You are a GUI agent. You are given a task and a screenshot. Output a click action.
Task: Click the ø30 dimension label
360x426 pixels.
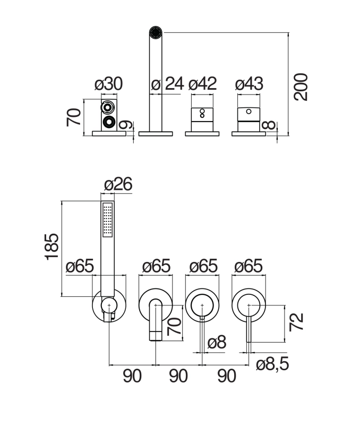coord(109,84)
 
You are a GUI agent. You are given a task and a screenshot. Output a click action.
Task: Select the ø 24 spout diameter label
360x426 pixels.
coord(167,84)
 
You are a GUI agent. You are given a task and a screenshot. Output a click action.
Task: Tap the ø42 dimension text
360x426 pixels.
coord(202,84)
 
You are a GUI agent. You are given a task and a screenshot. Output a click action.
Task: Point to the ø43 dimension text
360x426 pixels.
coord(249,84)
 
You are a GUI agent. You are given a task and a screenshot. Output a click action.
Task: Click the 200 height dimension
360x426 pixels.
coord(301,87)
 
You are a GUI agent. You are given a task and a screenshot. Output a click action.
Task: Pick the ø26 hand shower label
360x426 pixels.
coord(118,184)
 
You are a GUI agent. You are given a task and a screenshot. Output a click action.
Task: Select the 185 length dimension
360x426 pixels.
coord(52,246)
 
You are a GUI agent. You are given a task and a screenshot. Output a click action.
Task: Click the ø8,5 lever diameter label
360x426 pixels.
coord(272,364)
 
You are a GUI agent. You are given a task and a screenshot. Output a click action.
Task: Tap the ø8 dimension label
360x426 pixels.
coord(217,342)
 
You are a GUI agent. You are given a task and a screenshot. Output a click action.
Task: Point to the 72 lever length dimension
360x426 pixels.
coord(296,322)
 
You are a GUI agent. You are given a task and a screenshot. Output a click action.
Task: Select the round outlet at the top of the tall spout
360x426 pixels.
coord(156,32)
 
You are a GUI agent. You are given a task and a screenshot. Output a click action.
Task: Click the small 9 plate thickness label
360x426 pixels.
coord(126,125)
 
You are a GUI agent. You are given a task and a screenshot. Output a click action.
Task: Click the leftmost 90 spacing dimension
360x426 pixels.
coord(132,376)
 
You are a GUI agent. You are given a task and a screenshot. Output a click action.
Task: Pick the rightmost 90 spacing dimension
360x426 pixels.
coord(227,376)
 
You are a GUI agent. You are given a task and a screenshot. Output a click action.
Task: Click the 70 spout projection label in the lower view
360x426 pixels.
coord(174,326)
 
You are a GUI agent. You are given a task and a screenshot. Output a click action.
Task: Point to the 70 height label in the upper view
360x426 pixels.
coord(74,117)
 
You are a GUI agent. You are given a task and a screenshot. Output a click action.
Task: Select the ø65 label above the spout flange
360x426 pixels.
coord(157,266)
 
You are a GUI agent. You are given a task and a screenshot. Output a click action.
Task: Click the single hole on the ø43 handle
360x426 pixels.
coord(248,112)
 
